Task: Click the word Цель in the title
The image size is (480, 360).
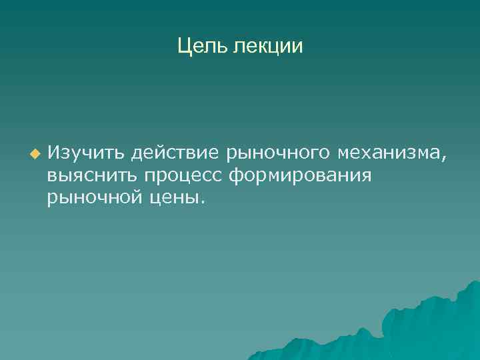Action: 203,46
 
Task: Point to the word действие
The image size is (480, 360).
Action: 175,155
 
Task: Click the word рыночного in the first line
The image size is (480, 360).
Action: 279,155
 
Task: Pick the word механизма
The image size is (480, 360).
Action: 387,155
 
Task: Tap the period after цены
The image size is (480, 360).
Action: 203,202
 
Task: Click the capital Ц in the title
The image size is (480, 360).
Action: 184,46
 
